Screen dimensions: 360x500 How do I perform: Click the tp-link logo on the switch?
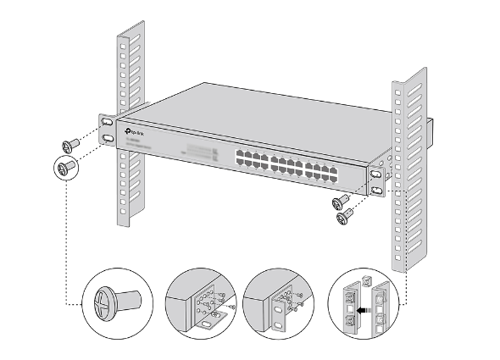134,131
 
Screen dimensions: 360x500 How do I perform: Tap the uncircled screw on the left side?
71,142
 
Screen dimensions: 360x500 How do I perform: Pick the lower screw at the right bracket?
344,218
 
